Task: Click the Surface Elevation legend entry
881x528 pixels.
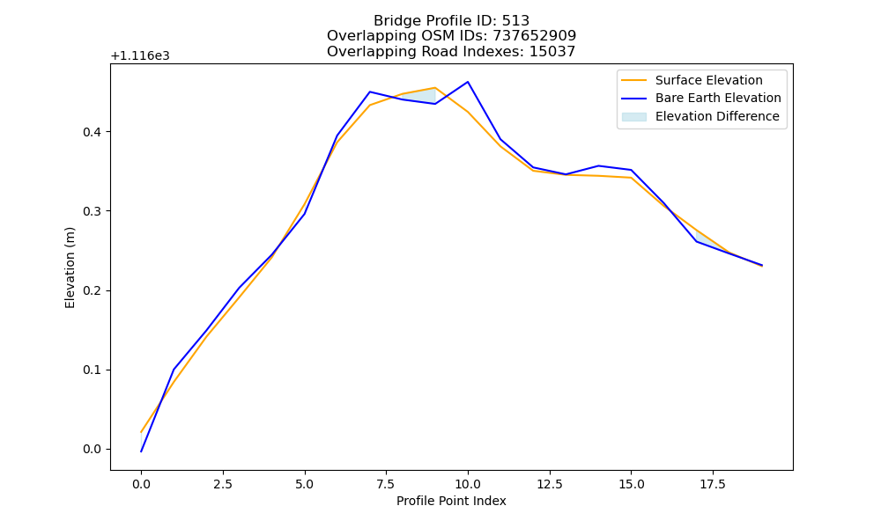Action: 692,80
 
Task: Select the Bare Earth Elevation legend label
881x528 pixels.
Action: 718,99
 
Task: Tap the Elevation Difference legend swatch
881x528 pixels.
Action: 633,117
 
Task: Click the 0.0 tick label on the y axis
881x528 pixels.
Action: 93,450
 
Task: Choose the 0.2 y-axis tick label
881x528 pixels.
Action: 93,291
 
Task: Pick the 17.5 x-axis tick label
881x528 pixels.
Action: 713,484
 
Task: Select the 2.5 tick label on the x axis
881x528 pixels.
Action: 223,484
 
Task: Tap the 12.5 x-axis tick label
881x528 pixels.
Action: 550,484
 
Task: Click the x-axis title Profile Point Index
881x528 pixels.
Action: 451,501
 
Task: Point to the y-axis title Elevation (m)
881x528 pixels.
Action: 70,268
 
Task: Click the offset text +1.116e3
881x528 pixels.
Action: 140,56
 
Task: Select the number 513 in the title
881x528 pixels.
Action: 515,21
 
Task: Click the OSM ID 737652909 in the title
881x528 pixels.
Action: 535,36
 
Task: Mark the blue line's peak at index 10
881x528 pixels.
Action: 468,82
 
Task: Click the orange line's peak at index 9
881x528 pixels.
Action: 435,87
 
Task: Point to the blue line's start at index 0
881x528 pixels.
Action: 141,451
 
